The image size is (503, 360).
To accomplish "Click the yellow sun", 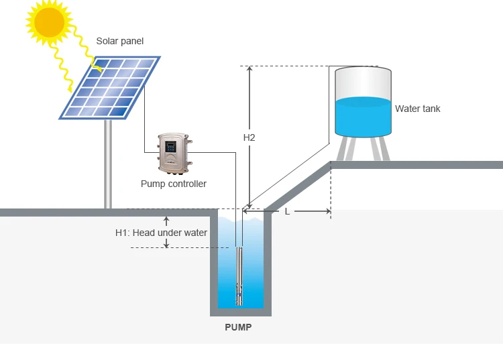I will pyautogui.click(x=50, y=21).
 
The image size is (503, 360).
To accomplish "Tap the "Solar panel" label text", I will pyautogui.click(x=119, y=42).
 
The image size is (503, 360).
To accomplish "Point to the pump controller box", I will pyautogui.click(x=174, y=154).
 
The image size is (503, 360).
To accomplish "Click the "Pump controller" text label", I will pyautogui.click(x=173, y=184).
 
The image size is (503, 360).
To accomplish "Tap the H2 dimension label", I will pyautogui.click(x=249, y=137).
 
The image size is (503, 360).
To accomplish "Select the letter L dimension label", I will pyautogui.click(x=287, y=211).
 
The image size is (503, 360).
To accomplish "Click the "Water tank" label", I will pyautogui.click(x=417, y=109).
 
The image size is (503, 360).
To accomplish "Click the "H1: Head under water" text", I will pyautogui.click(x=161, y=233).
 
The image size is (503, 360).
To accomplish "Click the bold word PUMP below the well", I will pyautogui.click(x=239, y=328).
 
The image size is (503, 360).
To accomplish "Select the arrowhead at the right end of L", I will pyautogui.click(x=327, y=211).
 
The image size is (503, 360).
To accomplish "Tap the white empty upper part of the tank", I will pyautogui.click(x=363, y=84).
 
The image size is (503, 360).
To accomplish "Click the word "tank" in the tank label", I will pyautogui.click(x=430, y=109).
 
